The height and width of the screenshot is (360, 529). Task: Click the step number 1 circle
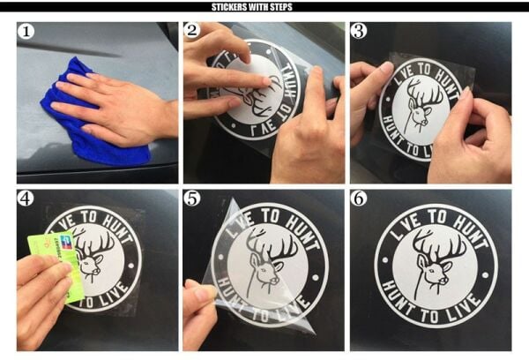pos(26,33)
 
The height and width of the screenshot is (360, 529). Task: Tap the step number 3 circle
pos(359,33)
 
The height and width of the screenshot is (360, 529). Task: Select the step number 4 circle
pos(26,199)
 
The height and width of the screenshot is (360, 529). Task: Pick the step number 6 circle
pos(359,199)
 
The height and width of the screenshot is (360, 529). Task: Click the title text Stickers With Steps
pos(264,7)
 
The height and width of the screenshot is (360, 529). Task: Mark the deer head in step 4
pos(93,256)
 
